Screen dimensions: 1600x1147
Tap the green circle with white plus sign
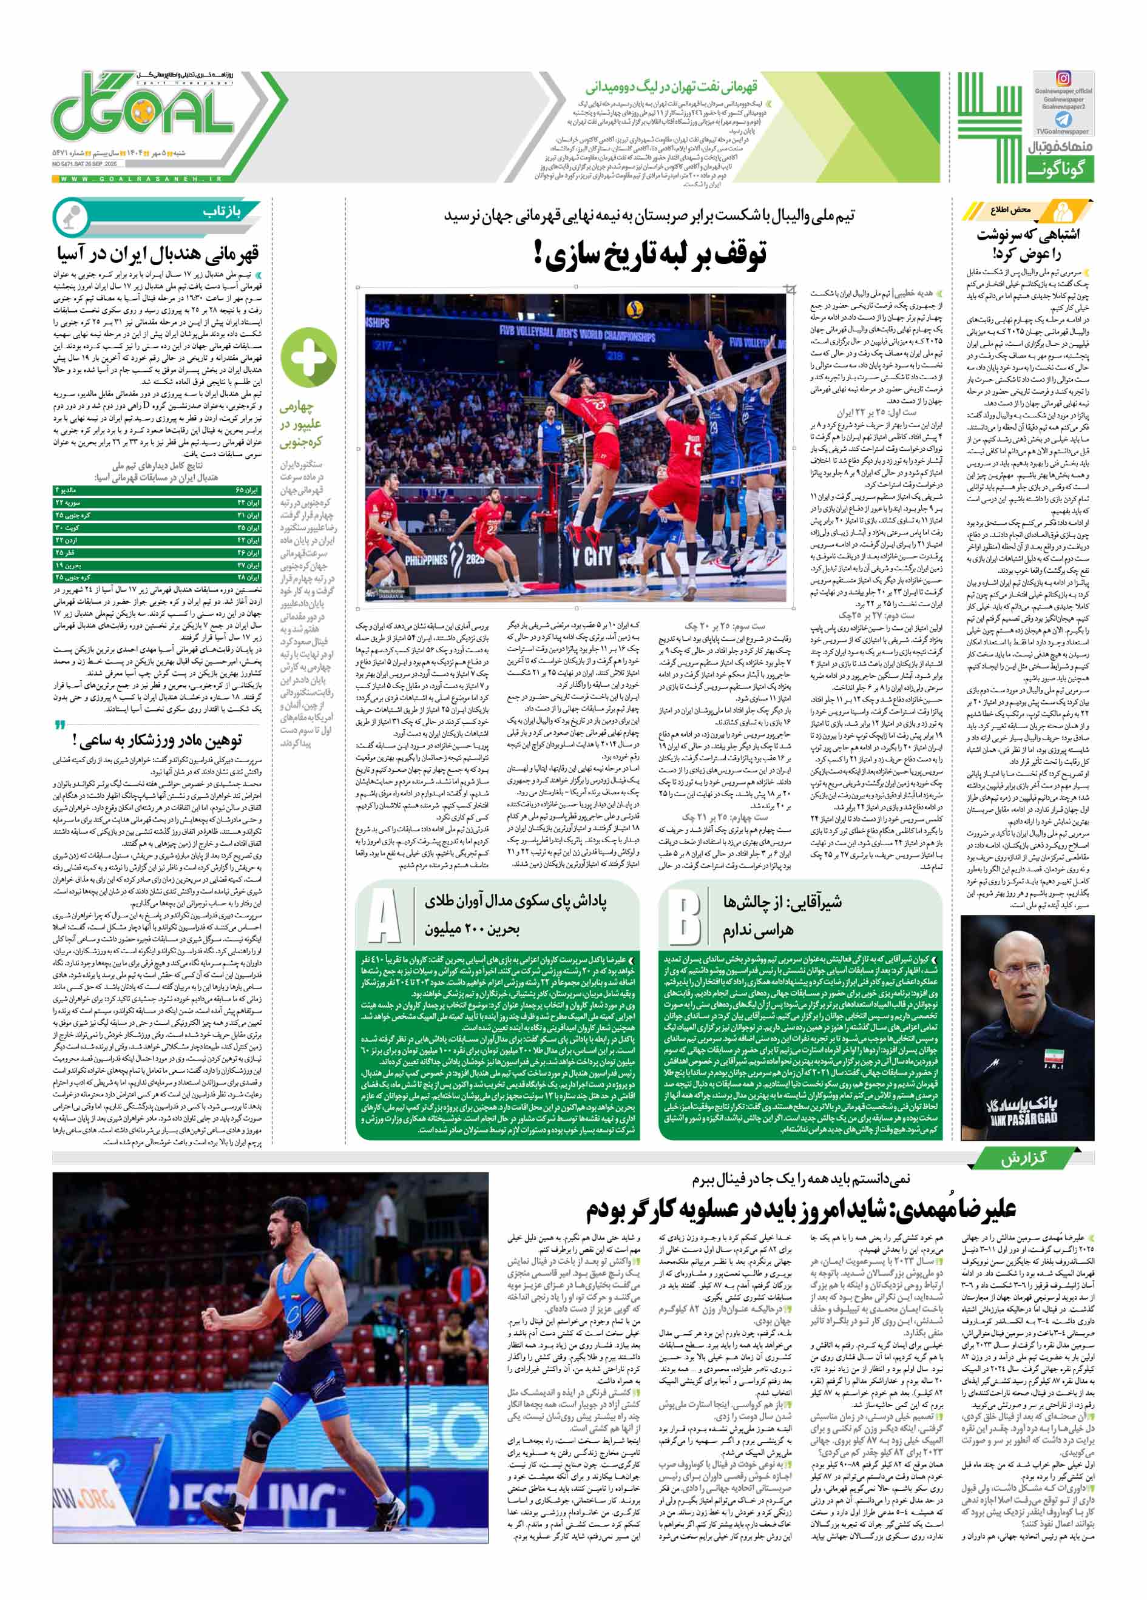coord(308,357)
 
